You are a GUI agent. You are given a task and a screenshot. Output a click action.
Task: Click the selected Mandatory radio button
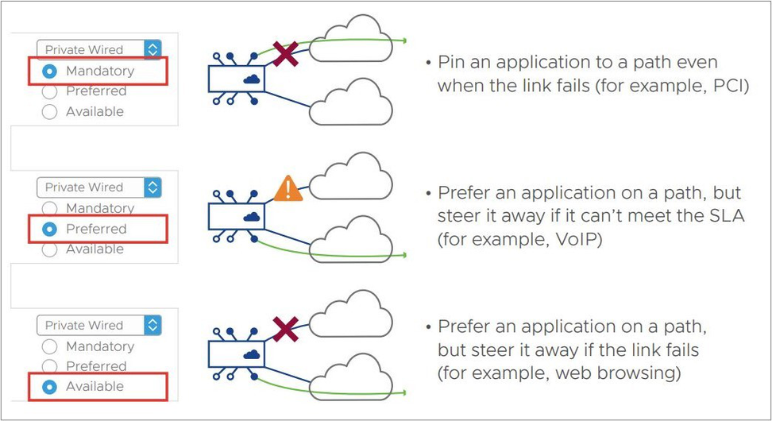pyautogui.click(x=50, y=71)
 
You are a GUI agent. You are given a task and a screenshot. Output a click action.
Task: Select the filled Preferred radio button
pyautogui.click(x=50, y=229)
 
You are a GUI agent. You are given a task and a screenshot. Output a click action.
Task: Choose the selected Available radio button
pyautogui.click(x=50, y=387)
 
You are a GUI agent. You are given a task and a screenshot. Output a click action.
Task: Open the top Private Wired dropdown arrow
pyautogui.click(x=152, y=49)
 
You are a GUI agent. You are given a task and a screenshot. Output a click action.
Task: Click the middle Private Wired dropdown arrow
pyautogui.click(x=152, y=187)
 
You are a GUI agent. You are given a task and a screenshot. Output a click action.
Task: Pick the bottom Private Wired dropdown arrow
pyautogui.click(x=152, y=326)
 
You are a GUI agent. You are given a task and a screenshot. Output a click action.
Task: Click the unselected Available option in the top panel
pyautogui.click(x=50, y=112)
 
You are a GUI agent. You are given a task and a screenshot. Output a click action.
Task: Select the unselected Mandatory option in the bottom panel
pyautogui.click(x=50, y=347)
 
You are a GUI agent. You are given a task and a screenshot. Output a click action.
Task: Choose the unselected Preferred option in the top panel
pyautogui.click(x=50, y=91)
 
